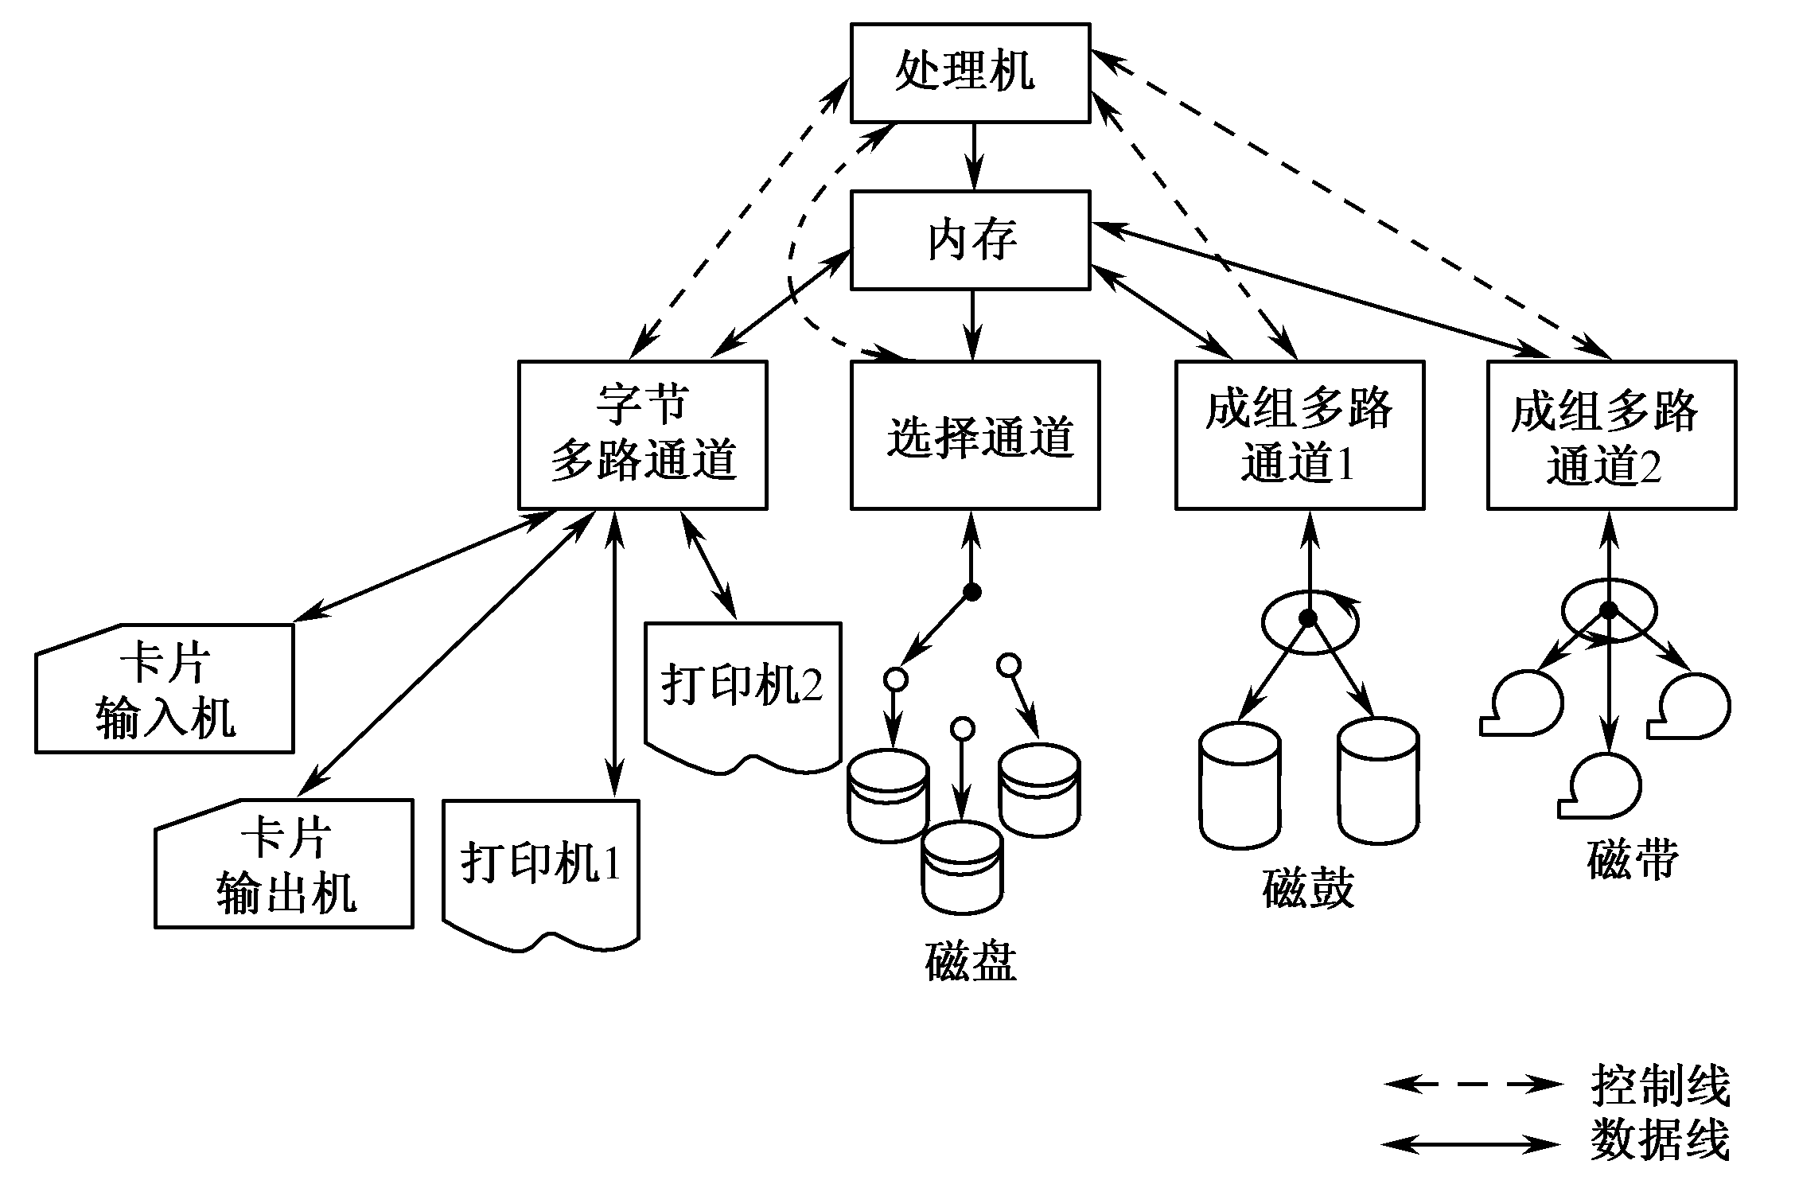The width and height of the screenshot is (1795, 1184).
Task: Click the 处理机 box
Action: click(x=970, y=72)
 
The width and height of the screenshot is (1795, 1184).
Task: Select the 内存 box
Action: click(x=970, y=240)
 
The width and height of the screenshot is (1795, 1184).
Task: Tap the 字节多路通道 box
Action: click(x=642, y=434)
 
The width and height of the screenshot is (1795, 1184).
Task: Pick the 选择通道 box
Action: click(x=975, y=434)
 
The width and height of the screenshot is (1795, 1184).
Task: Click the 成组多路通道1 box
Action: click(x=1299, y=434)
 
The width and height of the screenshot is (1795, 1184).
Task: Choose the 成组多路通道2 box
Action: click(x=1611, y=434)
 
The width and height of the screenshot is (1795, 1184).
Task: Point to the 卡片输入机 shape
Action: click(x=165, y=689)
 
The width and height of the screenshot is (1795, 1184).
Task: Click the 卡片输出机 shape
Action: click(x=284, y=864)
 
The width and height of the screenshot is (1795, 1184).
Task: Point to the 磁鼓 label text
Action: click(x=1308, y=888)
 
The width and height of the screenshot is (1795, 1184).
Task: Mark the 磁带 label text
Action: click(x=1633, y=859)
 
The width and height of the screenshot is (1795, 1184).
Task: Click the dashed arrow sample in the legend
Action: click(x=1472, y=1084)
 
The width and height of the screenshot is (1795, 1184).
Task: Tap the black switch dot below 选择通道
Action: click(x=971, y=591)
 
